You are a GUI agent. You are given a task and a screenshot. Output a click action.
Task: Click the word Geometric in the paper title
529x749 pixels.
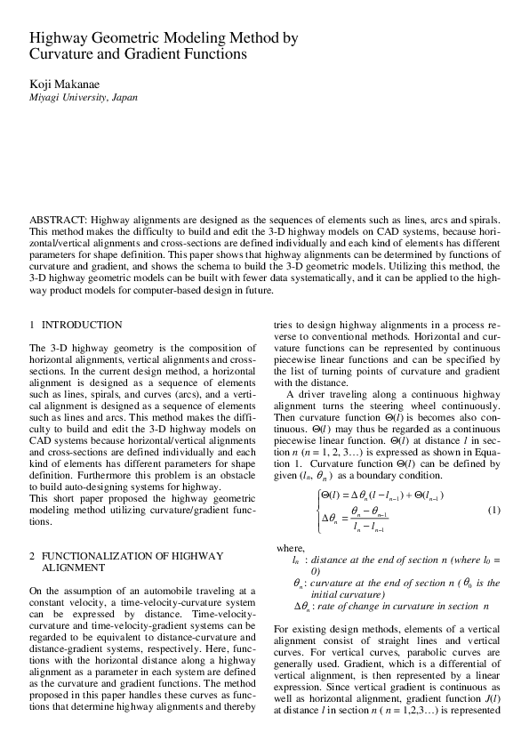(124, 39)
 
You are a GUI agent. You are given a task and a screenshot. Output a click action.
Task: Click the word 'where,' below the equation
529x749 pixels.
(292, 549)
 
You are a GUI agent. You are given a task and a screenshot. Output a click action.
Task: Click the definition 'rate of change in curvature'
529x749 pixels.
(390, 606)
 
